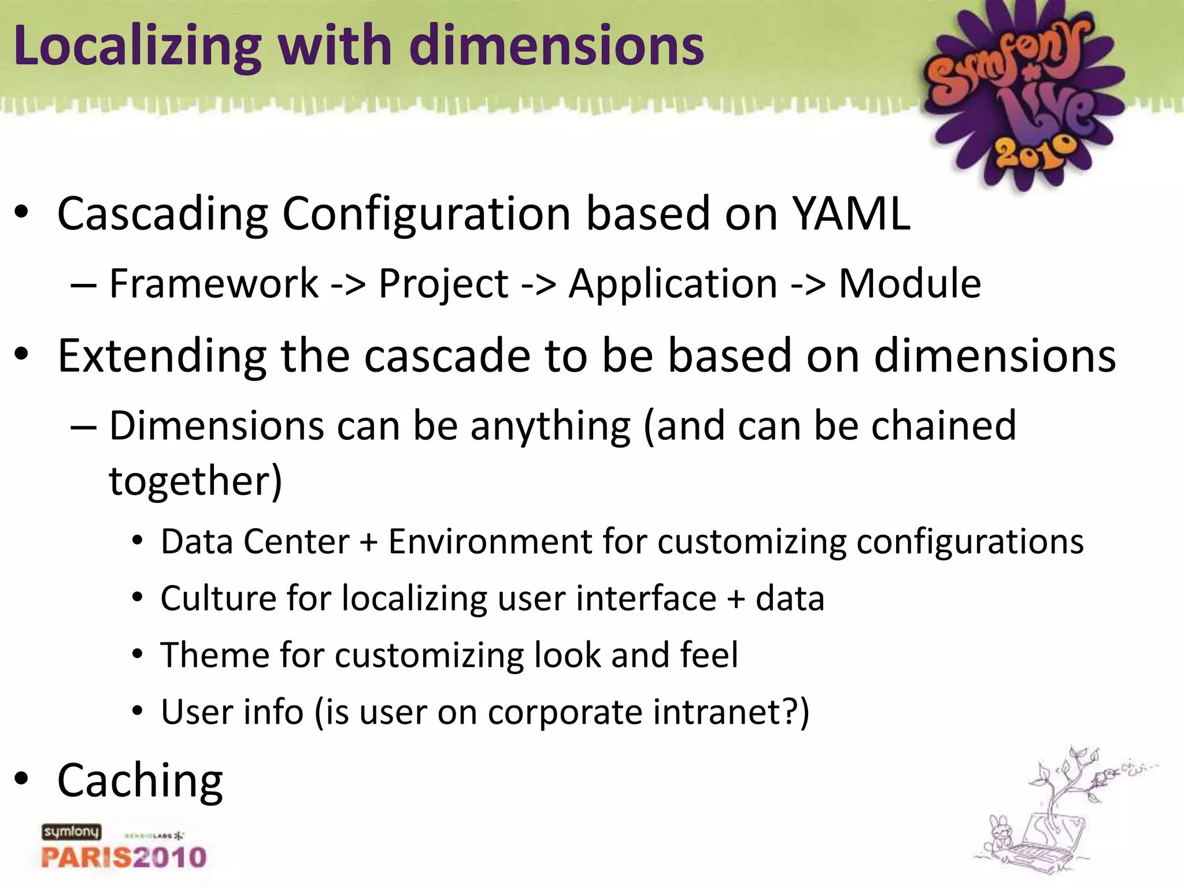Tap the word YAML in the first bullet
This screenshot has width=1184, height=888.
(851, 214)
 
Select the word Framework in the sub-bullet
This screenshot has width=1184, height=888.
(213, 284)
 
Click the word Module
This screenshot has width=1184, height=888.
(909, 284)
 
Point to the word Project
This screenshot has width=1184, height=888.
(443, 284)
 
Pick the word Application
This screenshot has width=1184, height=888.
(672, 284)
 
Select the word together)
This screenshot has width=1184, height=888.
(195, 481)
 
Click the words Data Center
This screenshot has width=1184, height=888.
(255, 542)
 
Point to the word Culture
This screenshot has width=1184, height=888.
(218, 598)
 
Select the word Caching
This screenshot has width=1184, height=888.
(140, 781)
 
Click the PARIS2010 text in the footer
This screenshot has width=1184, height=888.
(124, 857)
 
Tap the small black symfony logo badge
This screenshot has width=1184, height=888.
(71, 832)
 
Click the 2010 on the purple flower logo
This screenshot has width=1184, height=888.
(1035, 152)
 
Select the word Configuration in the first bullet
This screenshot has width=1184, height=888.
(426, 214)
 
